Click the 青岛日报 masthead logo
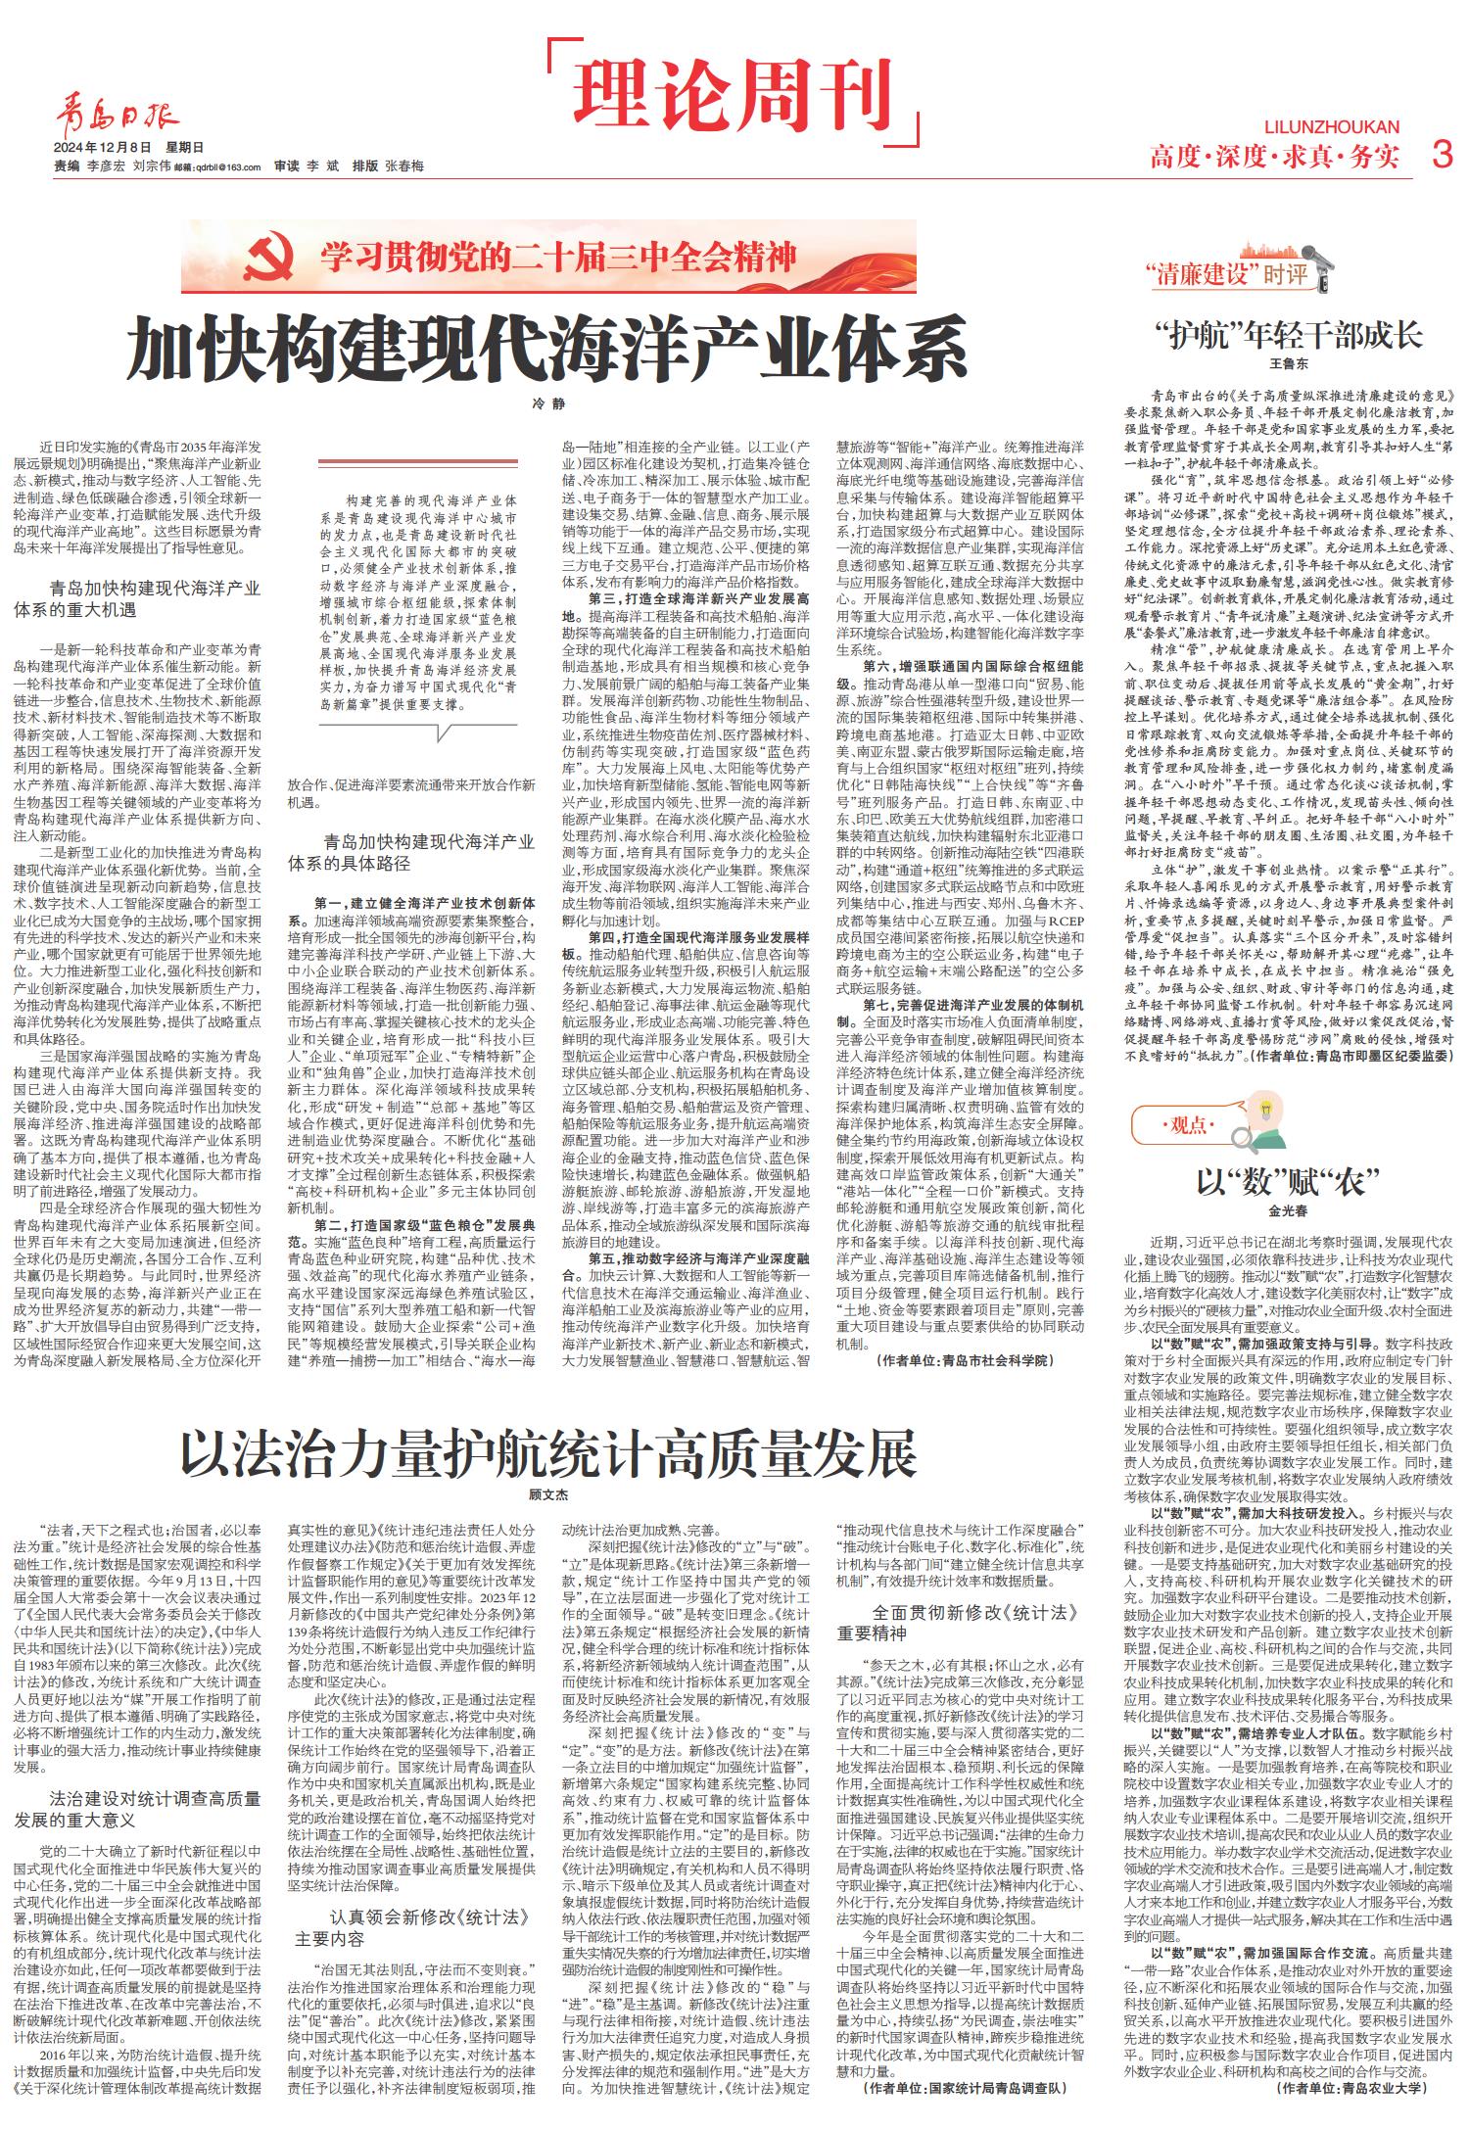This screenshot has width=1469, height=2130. pyautogui.click(x=117, y=118)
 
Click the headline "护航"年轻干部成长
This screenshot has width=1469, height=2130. pyautogui.click(x=1289, y=336)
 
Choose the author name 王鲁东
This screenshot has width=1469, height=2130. pyautogui.click(x=1288, y=363)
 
